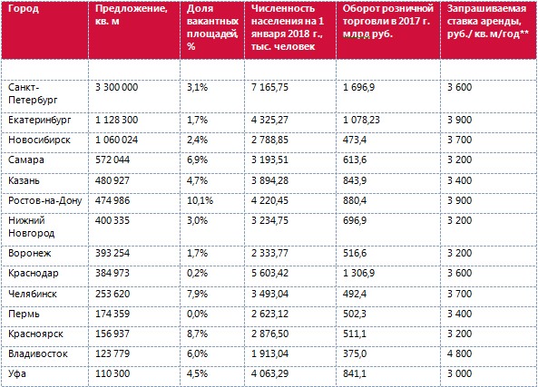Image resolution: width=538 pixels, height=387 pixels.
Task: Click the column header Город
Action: click(24, 9)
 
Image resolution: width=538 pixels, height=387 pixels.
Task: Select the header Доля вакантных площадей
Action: click(212, 27)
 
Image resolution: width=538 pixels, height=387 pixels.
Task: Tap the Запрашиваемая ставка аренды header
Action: click(487, 21)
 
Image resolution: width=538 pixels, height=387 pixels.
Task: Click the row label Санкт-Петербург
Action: click(33, 93)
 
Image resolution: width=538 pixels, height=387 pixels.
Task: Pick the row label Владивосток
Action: click(38, 353)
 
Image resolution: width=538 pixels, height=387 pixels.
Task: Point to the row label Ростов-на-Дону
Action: click(45, 200)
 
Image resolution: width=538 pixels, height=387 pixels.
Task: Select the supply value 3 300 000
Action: click(117, 87)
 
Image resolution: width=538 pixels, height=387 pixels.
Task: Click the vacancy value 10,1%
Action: click(200, 200)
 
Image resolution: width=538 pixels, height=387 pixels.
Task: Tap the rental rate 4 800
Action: click(459, 353)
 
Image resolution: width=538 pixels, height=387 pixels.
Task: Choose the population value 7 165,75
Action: click(269, 87)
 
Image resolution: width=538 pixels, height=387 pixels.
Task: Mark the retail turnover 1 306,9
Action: click(358, 273)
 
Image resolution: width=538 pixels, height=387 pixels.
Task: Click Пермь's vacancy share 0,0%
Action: click(197, 314)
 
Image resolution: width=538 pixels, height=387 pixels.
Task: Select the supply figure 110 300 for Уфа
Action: click(112, 373)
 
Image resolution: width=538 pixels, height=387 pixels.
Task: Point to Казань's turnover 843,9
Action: click(355, 180)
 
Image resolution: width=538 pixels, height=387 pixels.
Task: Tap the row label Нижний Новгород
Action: click(31, 227)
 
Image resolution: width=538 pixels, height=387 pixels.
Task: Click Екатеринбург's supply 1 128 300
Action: click(117, 120)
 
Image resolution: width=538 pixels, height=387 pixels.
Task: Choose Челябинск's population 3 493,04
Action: click(269, 294)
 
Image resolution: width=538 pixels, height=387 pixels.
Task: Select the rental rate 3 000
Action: click(459, 373)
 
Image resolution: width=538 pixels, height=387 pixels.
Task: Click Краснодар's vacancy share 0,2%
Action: click(197, 273)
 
